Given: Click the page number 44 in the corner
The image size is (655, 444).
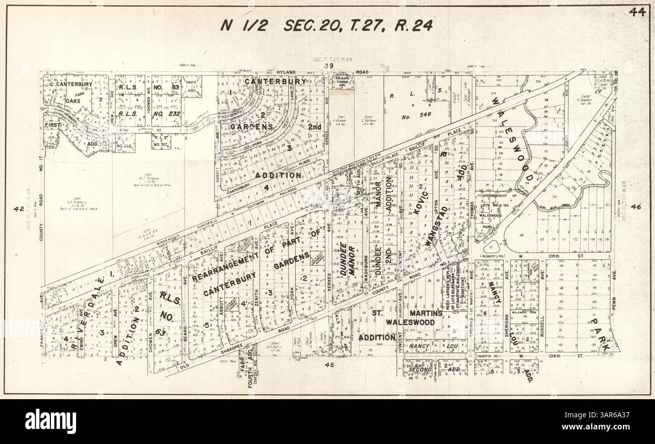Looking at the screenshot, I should [x=637, y=13].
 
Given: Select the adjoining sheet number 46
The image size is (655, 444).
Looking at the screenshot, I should [x=635, y=206].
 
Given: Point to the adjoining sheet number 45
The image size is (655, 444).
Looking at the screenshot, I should [x=330, y=365].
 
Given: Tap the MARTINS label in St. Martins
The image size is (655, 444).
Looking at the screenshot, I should [x=426, y=313].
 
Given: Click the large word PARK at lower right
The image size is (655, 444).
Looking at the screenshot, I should [x=601, y=335].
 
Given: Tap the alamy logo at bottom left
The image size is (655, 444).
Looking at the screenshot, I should [x=51, y=421].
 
